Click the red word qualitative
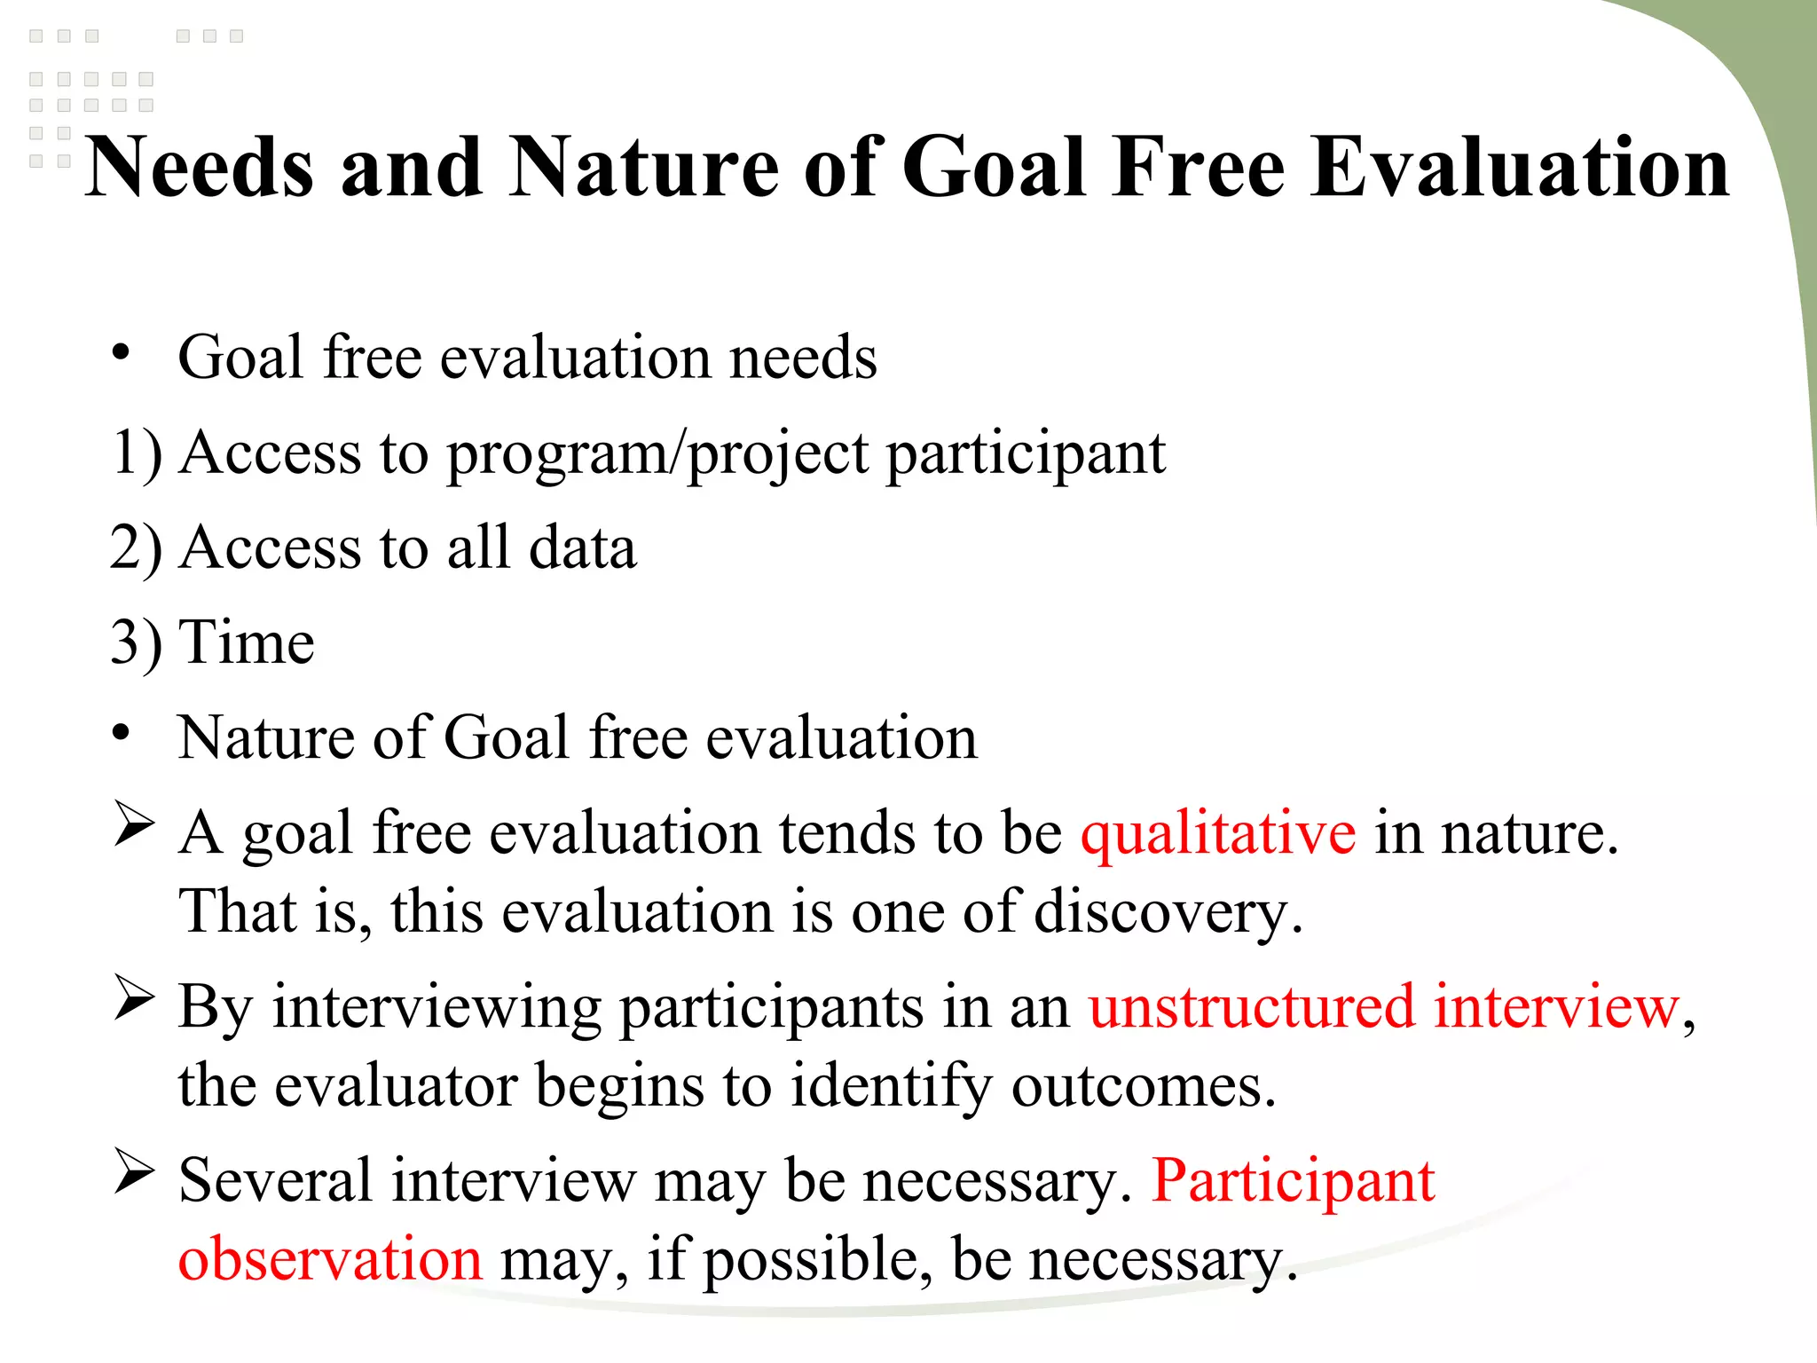pyautogui.click(x=1218, y=833)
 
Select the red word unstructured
pyautogui.click(x=1251, y=1007)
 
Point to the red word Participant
pyautogui.click(x=1294, y=1181)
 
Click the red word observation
pyautogui.click(x=330, y=1259)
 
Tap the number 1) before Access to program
pyautogui.click(x=137, y=453)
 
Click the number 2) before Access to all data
pyautogui.click(x=137, y=548)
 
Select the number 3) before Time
pyautogui.click(x=137, y=643)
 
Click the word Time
pyautogui.click(x=247, y=642)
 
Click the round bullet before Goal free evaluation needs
pyautogui.click(x=122, y=353)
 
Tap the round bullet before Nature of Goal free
pyautogui.click(x=122, y=734)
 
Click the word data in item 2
pyautogui.click(x=582, y=548)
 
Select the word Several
pyautogui.click(x=275, y=1181)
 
